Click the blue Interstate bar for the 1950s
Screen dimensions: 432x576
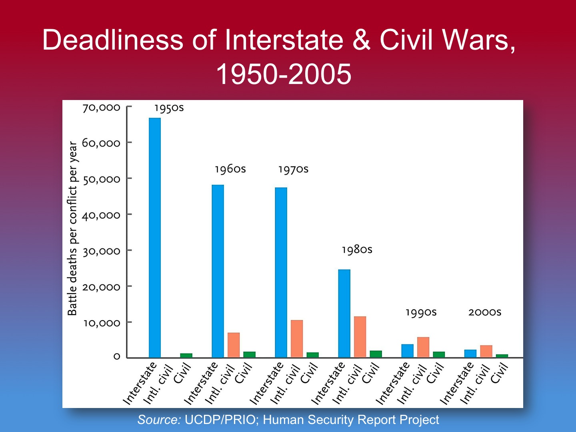point(155,238)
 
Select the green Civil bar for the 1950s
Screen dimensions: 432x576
point(186,355)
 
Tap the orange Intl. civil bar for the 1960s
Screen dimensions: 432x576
point(234,345)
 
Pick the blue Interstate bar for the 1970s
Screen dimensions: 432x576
point(281,272)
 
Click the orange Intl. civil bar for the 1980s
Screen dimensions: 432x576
point(360,337)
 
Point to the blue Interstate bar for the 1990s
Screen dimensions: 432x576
point(407,351)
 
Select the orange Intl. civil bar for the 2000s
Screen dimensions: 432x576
point(486,351)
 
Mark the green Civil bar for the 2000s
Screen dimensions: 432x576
point(502,356)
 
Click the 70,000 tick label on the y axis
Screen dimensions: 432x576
point(101,108)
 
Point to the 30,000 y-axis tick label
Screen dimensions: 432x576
point(101,251)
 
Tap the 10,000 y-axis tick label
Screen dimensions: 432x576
point(101,323)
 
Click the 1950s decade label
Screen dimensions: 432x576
point(169,108)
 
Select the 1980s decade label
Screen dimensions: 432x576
point(357,250)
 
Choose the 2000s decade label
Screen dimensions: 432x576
point(484,312)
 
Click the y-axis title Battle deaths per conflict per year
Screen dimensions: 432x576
point(72,228)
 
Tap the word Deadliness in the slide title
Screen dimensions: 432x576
point(113,40)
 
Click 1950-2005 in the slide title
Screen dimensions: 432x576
point(284,74)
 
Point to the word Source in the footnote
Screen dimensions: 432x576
point(159,420)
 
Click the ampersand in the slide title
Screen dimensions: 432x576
point(361,40)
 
